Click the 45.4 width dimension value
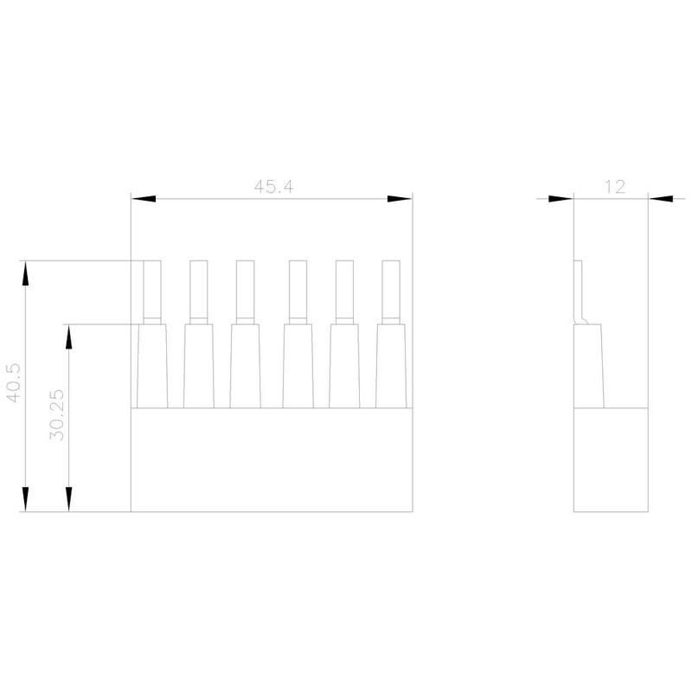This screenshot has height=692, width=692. click(x=273, y=187)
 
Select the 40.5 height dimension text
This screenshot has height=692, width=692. click(x=13, y=382)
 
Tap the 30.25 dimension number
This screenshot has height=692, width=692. click(x=57, y=415)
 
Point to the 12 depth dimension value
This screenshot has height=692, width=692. click(x=615, y=187)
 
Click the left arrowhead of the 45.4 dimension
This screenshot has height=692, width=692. click(x=144, y=199)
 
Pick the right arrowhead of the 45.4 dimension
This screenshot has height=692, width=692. click(x=400, y=199)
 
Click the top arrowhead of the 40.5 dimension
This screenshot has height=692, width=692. click(x=26, y=273)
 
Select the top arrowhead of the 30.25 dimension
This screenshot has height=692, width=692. click(x=69, y=336)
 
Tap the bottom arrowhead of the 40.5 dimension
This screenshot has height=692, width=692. click(x=26, y=499)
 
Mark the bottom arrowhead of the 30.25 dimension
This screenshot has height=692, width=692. click(x=69, y=499)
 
